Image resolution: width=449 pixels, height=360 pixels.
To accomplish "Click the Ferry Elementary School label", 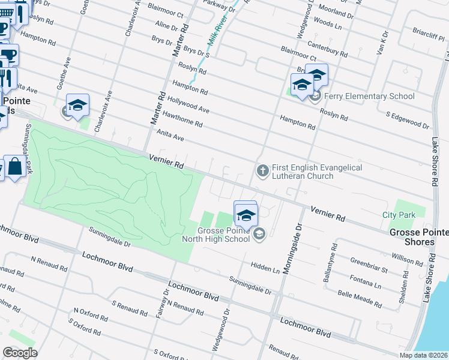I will point(369,96).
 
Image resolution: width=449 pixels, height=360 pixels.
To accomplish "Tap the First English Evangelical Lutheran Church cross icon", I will point(262,172).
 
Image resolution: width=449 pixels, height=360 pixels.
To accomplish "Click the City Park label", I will point(398,215).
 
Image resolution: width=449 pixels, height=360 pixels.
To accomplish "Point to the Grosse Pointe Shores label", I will point(418,237).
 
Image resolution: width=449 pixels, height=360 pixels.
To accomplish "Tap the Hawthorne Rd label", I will point(182,118).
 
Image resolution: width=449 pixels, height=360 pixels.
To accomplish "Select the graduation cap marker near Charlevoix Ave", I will point(77,106).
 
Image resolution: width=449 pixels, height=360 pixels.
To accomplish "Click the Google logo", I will point(20,353).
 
